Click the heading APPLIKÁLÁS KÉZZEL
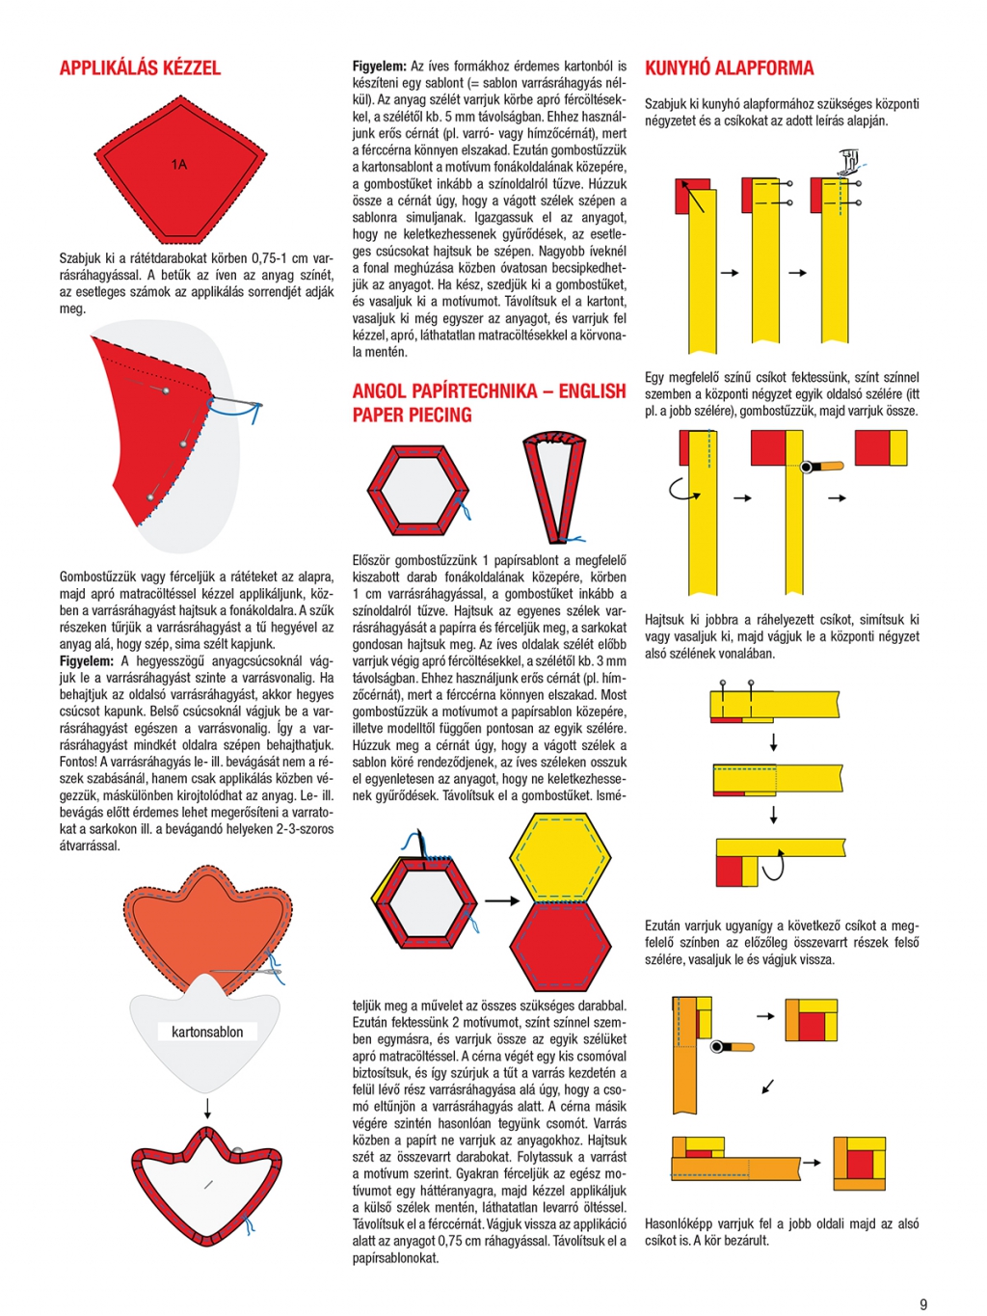(140, 68)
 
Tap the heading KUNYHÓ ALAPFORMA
(729, 68)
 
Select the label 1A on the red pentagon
(179, 165)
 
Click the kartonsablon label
(207, 1032)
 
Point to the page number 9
(923, 1304)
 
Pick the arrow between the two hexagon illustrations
(500, 900)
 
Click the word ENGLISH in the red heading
(592, 391)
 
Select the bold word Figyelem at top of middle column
(378, 67)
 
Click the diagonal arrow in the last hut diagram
(768, 1086)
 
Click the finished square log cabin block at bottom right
(859, 1163)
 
